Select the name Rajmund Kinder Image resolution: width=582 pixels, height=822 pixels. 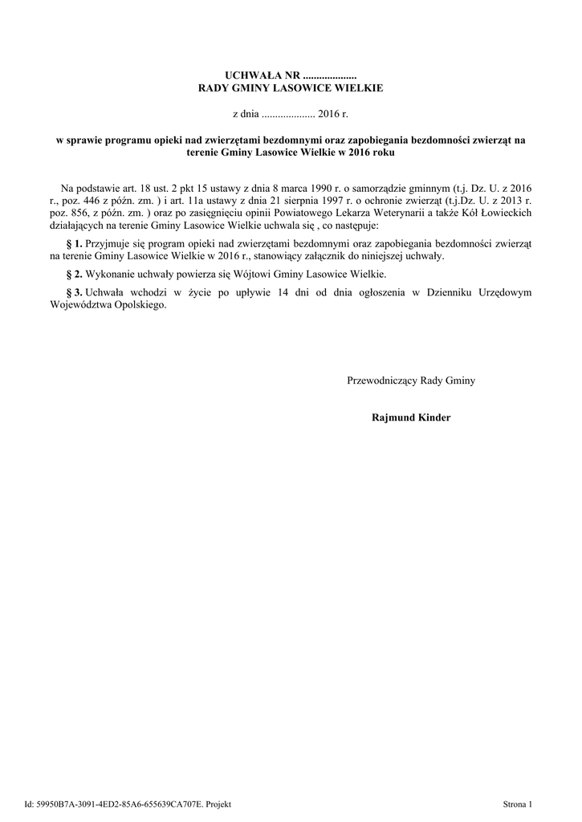(411, 417)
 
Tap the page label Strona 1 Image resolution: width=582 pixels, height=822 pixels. (518, 804)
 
